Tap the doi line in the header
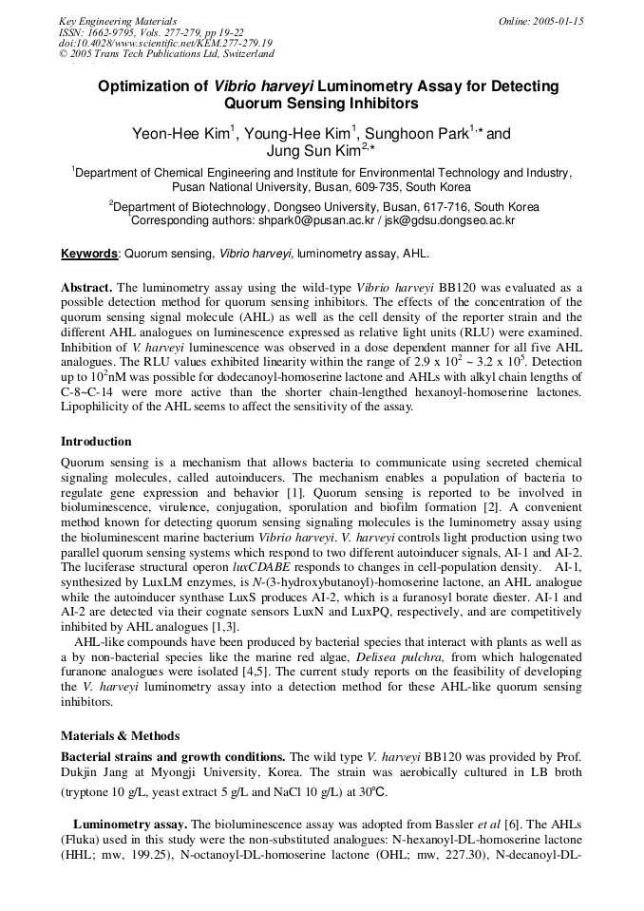tap(165, 44)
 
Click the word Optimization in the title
tap(152, 86)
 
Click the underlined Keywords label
tap(89, 255)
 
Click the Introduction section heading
tap(96, 442)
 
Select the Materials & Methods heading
tap(120, 735)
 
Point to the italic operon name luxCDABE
tap(262, 565)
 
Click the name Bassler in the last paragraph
tap(464, 826)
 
